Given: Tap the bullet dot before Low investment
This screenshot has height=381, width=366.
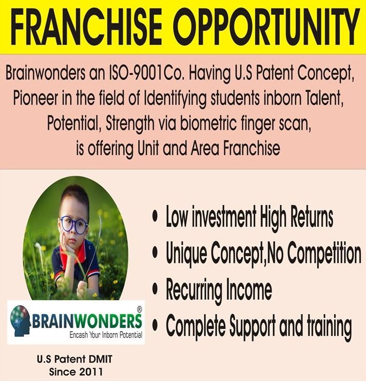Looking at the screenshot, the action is point(155,216).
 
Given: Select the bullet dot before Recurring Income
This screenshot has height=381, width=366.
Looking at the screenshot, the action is point(155,289).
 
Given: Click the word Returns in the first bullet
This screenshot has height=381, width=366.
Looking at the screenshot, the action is point(312,217).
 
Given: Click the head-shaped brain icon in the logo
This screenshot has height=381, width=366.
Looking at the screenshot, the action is point(21,320).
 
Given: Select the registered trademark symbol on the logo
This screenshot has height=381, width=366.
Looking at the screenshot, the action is point(140,310).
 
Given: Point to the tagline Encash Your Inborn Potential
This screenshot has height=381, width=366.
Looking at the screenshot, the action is point(106,335).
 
